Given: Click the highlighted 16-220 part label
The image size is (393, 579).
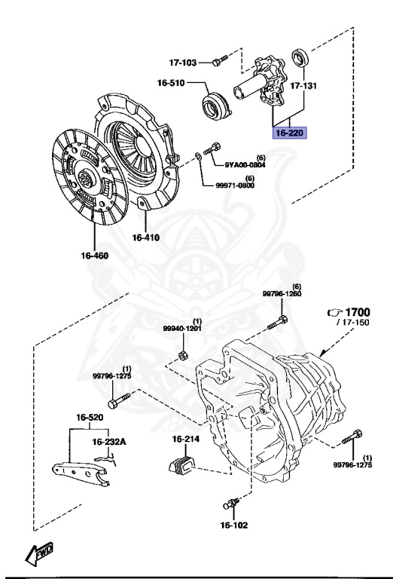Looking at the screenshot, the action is point(289,133).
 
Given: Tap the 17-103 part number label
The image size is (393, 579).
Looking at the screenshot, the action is point(183,63).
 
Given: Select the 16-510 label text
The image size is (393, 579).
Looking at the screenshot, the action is point(171,83).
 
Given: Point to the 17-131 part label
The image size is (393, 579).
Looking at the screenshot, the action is point(303,86).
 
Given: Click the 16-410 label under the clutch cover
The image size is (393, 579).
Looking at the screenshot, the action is point(146,237).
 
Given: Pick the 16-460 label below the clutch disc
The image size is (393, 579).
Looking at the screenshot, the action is point(95,256).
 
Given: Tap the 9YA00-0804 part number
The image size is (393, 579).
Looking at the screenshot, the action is point(245,165).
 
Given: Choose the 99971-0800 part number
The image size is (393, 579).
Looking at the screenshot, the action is point(235,185).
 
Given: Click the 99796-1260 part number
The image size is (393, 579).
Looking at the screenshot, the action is point(282,294).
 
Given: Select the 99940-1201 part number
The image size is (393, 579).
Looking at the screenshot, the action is point(183,328).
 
